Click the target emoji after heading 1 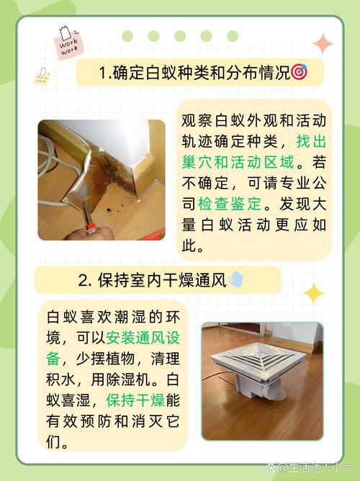click(299, 73)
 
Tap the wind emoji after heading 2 click(237, 280)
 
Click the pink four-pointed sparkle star click(323, 45)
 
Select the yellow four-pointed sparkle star click(313, 293)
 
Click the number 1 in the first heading click(102, 73)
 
